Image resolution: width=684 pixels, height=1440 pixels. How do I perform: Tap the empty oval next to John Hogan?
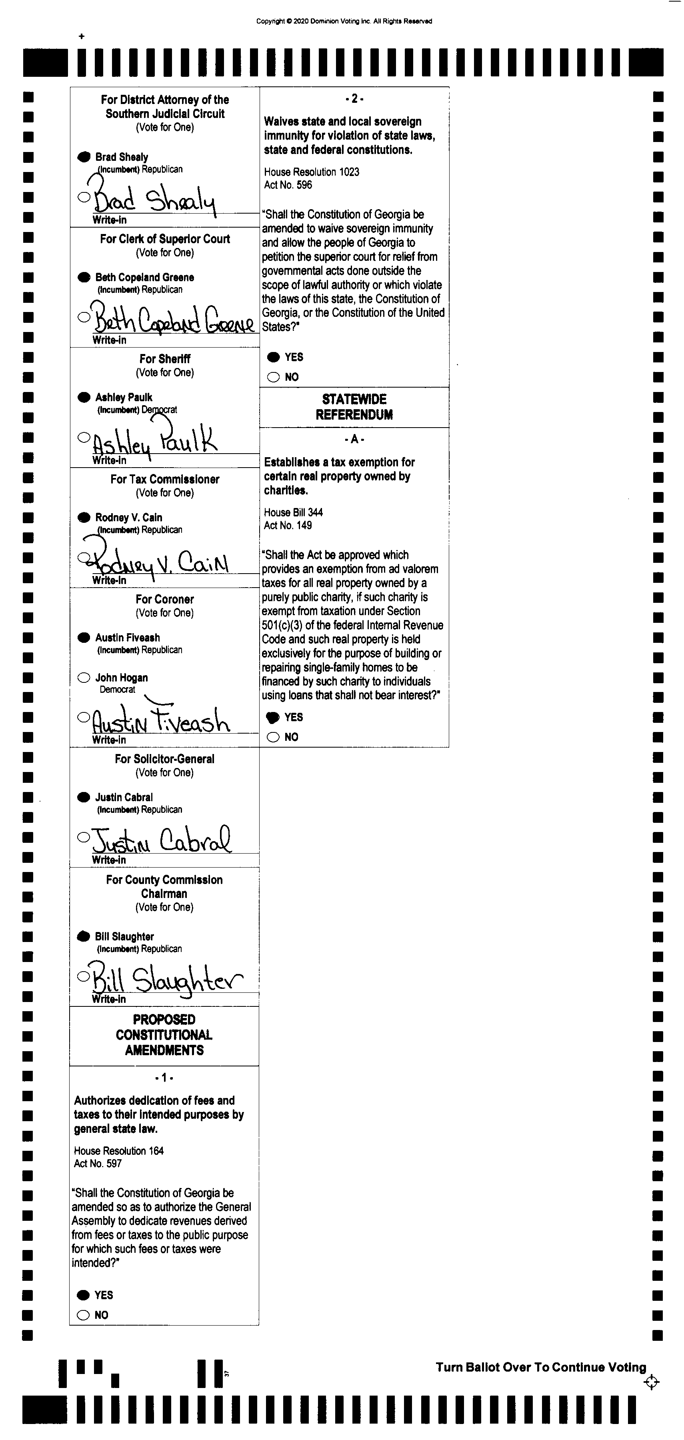click(x=84, y=678)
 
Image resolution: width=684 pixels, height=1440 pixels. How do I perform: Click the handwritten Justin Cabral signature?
click(x=162, y=840)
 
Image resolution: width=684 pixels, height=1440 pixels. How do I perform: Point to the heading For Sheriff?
click(x=165, y=359)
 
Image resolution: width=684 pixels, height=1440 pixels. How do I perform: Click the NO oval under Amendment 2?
click(x=273, y=377)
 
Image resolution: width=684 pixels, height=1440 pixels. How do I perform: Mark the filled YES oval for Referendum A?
click(x=273, y=717)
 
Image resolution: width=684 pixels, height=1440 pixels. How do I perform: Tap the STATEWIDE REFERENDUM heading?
click(x=354, y=407)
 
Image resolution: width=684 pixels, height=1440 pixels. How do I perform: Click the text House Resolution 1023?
click(x=311, y=172)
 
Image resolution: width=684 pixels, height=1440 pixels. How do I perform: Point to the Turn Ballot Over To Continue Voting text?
click(x=540, y=1367)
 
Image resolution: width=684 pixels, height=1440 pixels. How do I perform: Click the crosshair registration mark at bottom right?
click(x=652, y=1382)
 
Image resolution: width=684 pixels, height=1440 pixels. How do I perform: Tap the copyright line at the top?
click(x=344, y=21)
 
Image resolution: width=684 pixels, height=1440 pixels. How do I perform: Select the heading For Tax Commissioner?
click(x=165, y=479)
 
